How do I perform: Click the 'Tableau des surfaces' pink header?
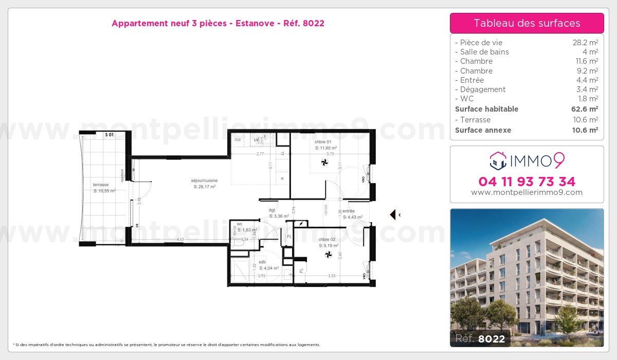point(527,23)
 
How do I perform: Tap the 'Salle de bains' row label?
point(484,52)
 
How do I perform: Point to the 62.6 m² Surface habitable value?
point(585,109)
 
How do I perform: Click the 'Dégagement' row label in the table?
point(483,89)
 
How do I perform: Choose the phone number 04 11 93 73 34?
point(527,182)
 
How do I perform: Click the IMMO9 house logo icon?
point(497,160)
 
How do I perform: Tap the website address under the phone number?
point(527,192)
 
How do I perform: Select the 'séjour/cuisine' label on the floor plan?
point(204,181)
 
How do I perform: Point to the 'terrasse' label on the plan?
point(101,185)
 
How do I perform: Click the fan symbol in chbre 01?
point(324,163)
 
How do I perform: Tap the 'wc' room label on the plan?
point(240,224)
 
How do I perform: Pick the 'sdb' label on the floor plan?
point(262,262)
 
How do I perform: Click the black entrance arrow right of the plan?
point(393,214)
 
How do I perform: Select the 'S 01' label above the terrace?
point(109,135)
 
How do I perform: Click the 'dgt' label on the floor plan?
point(271,210)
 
